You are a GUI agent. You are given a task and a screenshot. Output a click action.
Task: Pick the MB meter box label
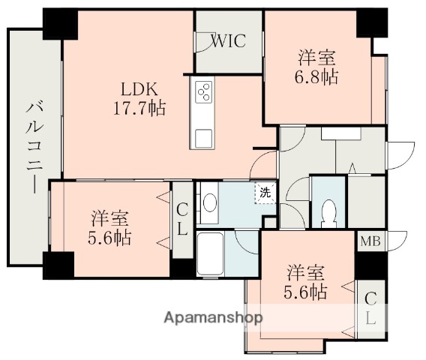tap(370, 241)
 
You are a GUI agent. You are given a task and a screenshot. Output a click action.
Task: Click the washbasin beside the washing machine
tap(211, 203)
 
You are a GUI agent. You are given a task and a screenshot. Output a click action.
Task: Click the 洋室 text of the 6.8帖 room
tap(316, 57)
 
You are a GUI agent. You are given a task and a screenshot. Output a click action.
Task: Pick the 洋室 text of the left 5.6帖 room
tap(110, 219)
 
